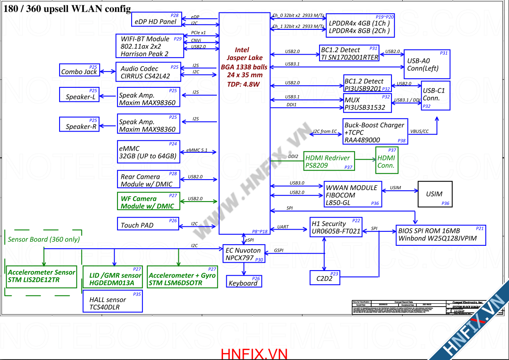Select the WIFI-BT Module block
point(149,46)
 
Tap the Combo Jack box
point(79,71)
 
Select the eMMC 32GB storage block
point(148,152)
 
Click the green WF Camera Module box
point(148,202)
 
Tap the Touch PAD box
point(148,224)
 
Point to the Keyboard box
point(244,281)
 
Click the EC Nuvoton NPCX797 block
point(244,253)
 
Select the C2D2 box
point(325,278)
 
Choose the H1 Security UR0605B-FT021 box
point(336,227)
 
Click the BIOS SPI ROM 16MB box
point(440,235)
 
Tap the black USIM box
point(435,194)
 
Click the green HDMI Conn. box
point(387,160)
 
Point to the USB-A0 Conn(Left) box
point(427,64)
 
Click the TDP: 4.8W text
point(243,84)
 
